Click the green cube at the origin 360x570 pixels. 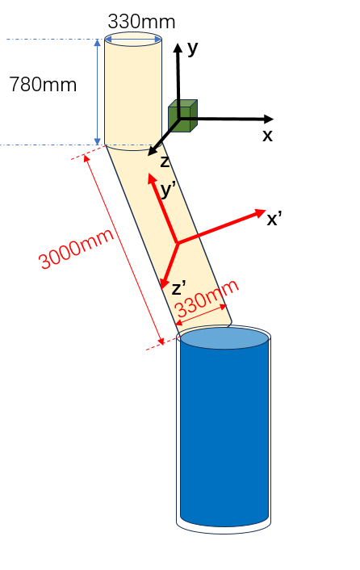click(x=182, y=115)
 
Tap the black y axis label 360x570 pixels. click(x=193, y=48)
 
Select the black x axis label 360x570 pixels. click(x=267, y=136)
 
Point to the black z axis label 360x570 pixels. click(x=165, y=161)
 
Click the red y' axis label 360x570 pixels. click(x=169, y=189)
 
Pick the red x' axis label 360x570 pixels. click(x=274, y=219)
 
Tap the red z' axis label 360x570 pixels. click(x=178, y=288)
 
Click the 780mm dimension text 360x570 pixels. click(x=43, y=85)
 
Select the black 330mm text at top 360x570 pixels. click(x=142, y=22)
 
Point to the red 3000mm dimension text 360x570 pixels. click(x=77, y=249)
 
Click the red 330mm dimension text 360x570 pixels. click(x=207, y=299)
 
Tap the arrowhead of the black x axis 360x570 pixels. click(x=268, y=119)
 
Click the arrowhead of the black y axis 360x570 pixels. click(x=178, y=48)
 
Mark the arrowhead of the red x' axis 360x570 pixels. click(x=260, y=213)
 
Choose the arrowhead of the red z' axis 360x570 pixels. click(x=165, y=282)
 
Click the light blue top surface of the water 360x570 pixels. click(x=224, y=338)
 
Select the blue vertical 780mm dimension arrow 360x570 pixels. click(x=97, y=92)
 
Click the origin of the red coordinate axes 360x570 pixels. click(x=177, y=242)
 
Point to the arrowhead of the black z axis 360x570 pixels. click(x=153, y=151)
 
